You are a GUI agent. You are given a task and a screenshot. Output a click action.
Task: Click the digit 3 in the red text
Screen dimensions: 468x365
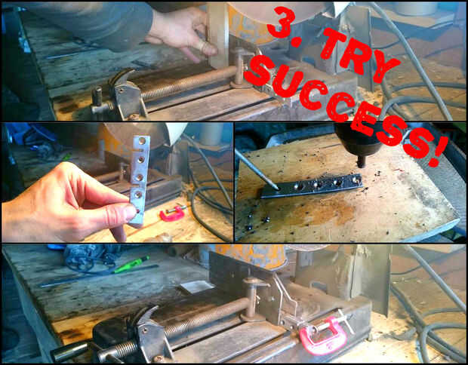pyautogui.click(x=280, y=23)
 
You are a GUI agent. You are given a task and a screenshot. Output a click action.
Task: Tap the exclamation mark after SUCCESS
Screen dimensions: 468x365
pyautogui.click(x=438, y=151)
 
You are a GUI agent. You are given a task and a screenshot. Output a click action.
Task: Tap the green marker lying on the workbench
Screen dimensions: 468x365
pyautogui.click(x=131, y=264)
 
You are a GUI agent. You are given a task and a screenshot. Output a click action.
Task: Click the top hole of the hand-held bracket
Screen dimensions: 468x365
pyautogui.click(x=142, y=140)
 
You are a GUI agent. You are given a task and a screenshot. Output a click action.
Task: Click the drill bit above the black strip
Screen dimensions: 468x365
pyautogui.click(x=361, y=161)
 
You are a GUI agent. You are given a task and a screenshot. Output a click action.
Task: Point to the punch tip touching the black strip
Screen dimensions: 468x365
pyautogui.click(x=276, y=188)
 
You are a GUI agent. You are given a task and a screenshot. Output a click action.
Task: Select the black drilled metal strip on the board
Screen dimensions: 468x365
pyautogui.click(x=312, y=186)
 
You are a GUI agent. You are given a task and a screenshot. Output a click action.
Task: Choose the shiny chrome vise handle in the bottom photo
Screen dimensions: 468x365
pyautogui.click(x=71, y=350)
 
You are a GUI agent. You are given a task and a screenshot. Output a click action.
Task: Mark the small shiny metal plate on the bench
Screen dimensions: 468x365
pyautogui.click(x=197, y=287)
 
